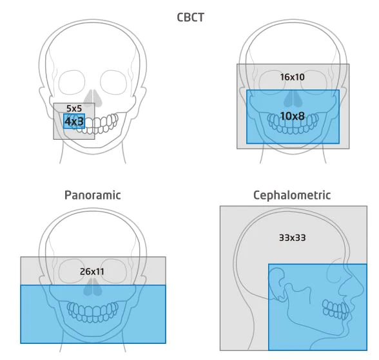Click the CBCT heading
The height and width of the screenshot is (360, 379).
point(191,17)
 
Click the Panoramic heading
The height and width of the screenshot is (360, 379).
point(93,195)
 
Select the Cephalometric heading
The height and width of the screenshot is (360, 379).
point(292,195)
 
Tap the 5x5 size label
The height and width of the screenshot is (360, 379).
point(74,108)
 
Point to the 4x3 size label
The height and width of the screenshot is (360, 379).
point(74,122)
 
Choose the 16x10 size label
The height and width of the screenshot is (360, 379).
point(292,77)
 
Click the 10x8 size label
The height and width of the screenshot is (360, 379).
point(292,116)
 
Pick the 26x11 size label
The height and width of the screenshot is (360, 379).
point(92,272)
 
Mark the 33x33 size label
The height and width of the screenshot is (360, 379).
point(292,238)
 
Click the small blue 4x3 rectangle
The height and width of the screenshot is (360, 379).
point(74,121)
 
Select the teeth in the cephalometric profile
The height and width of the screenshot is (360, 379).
point(336,310)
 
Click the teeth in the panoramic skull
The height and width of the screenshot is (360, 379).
point(93,312)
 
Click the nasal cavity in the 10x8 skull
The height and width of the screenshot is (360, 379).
point(293,99)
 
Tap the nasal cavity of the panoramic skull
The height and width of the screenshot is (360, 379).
point(93,287)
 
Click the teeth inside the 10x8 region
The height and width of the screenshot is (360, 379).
point(293,124)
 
